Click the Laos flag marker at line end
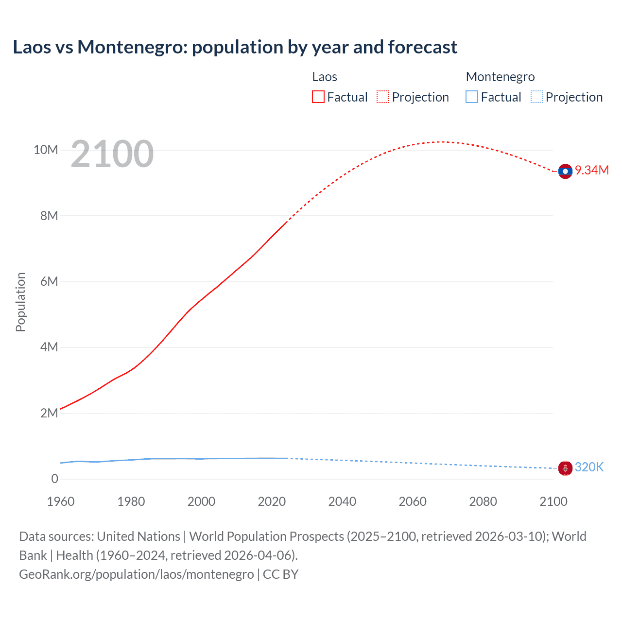[565, 171]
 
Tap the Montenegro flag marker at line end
[565, 468]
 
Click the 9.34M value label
[592, 170]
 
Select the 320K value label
[589, 467]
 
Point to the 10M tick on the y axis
[46, 150]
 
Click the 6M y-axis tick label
[49, 281]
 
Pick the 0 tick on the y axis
[54, 479]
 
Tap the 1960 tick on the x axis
[61, 501]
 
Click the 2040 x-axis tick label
[342, 501]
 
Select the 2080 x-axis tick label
[483, 501]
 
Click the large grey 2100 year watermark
[112, 154]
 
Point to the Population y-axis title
[20, 302]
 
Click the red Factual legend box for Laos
[318, 97]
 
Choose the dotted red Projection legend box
[383, 97]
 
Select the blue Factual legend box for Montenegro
[472, 97]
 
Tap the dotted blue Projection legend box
[536, 97]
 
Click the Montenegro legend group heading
[500, 77]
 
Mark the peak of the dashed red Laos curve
[442, 142]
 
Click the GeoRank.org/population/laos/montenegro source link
[136, 574]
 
